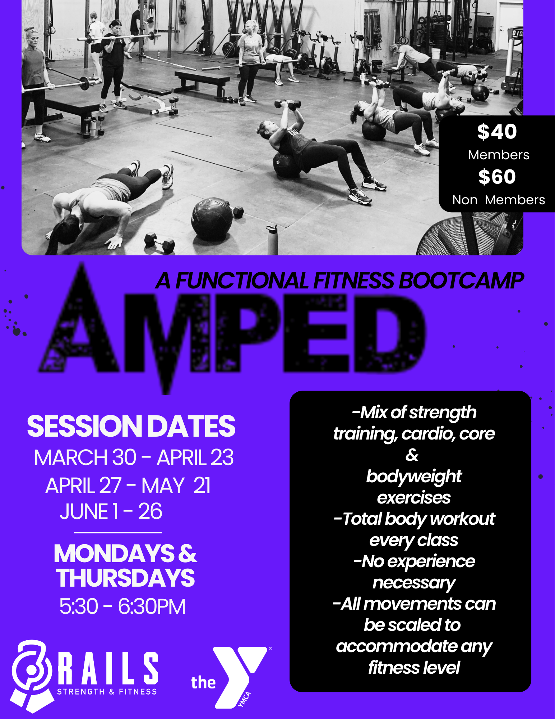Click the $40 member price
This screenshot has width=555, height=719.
click(497, 132)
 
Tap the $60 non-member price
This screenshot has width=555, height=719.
click(497, 177)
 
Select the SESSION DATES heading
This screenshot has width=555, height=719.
click(131, 426)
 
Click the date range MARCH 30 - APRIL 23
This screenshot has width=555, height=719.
click(134, 458)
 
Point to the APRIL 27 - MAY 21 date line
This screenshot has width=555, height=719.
click(128, 486)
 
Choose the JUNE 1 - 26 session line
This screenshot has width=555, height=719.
click(111, 511)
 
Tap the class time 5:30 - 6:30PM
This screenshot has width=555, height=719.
click(122, 606)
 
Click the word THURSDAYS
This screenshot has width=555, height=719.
click(125, 578)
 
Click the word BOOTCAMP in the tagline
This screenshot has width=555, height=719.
click(461, 281)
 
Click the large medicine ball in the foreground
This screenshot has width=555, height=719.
click(212, 219)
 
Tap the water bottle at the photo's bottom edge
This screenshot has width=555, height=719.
click(272, 240)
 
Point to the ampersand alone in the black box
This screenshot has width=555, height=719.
click(412, 455)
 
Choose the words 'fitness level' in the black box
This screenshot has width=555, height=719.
click(414, 668)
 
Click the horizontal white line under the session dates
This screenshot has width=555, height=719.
click(118, 532)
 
